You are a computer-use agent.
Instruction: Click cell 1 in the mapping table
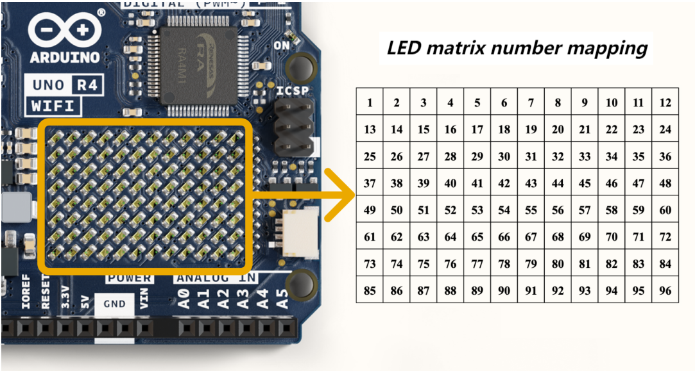tap(370, 103)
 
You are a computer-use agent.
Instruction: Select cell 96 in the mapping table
tap(665, 290)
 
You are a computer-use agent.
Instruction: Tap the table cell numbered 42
tap(504, 183)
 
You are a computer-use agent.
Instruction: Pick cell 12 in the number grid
tap(665, 103)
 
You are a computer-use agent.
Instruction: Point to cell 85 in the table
tap(370, 290)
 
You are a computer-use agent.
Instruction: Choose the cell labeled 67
tap(531, 236)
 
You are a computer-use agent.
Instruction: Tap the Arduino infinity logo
tap(65, 29)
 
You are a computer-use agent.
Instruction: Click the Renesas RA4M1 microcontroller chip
tap(198, 65)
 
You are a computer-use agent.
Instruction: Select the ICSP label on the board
tap(293, 91)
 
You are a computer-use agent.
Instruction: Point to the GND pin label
tap(114, 304)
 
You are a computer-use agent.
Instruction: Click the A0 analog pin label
tap(184, 299)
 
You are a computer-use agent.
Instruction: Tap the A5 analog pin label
tap(282, 299)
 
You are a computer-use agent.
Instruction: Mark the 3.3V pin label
tap(65, 297)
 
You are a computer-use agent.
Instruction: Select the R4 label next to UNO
tap(87, 84)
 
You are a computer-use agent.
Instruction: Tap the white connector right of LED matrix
tap(300, 233)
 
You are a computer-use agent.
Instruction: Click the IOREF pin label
tap(26, 292)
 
